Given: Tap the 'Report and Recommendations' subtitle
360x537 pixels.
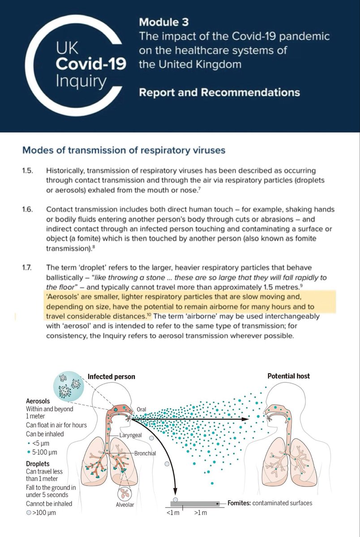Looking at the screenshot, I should coord(219,93).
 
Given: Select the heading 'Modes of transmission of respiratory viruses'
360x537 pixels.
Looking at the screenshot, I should coord(124,150).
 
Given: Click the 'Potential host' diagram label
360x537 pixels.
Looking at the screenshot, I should coord(289,376).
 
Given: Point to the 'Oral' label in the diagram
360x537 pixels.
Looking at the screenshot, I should coord(140,407).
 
